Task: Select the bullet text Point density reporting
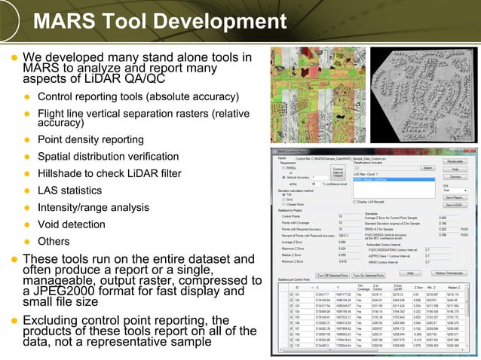coord(91,141)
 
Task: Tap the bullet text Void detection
coord(71,224)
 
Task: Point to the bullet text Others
coord(55,241)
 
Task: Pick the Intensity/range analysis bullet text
coord(94,207)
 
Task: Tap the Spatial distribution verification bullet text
coord(109,157)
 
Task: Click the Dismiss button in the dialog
coord(455,176)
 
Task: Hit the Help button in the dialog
coord(410,273)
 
